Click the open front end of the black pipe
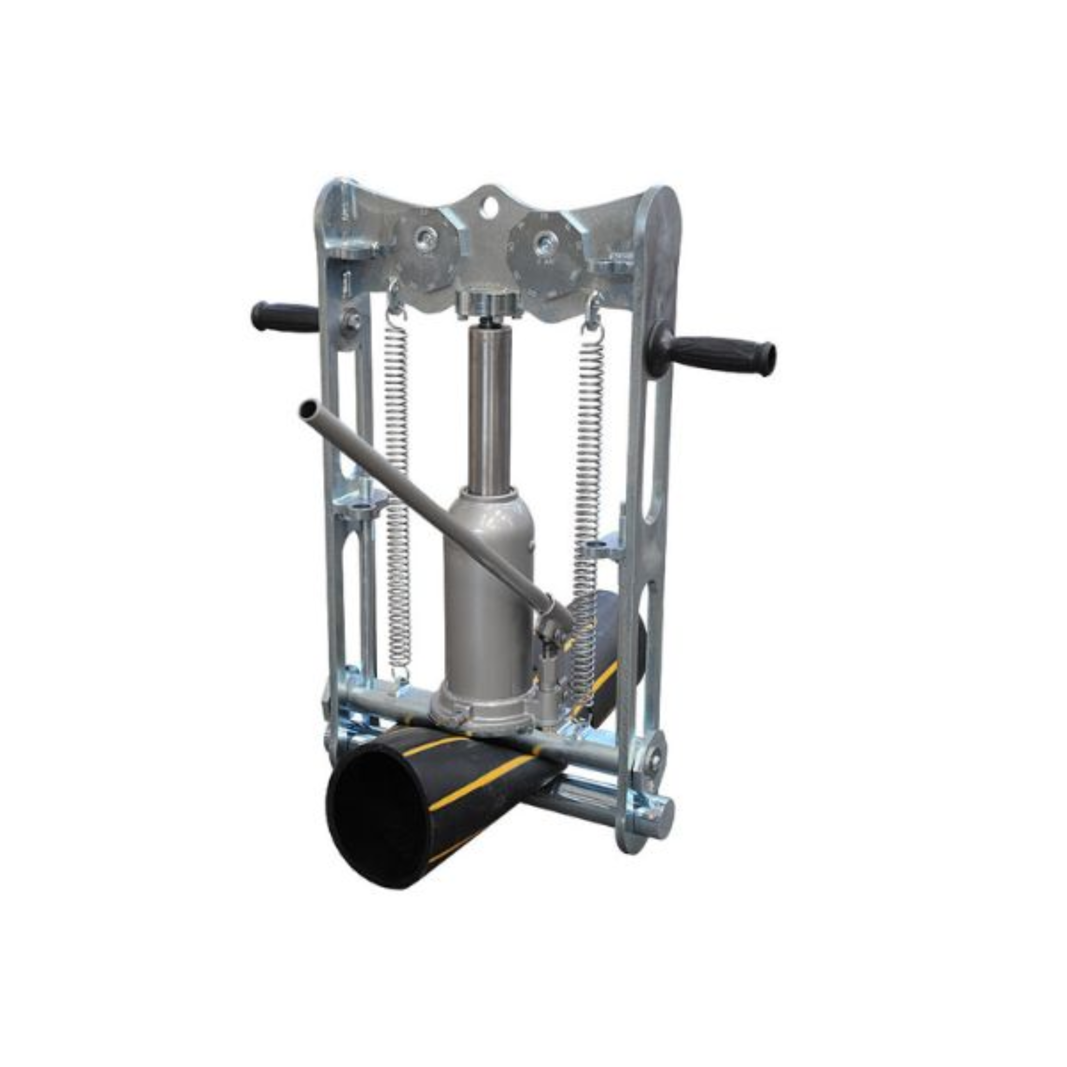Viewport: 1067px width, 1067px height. pos(376,812)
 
